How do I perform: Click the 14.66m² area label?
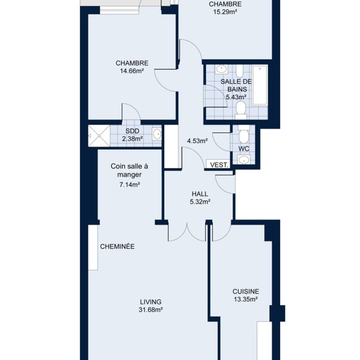132,71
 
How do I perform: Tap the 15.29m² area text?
225,12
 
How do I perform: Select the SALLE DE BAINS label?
236,85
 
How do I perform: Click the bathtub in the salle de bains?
260,85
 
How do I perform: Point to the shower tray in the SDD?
99,136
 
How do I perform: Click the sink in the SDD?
157,134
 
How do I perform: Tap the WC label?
244,149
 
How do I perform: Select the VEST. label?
219,165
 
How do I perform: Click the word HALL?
200,194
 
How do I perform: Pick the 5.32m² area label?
200,202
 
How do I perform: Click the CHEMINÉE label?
117,246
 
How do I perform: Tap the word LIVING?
151,302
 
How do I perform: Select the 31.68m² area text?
151,310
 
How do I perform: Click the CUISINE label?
246,292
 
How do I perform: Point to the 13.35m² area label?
246,300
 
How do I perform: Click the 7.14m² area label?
130,185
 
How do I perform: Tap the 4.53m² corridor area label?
198,141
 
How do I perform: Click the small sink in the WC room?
244,159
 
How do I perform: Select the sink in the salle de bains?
222,69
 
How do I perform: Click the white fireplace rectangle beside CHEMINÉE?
93,247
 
